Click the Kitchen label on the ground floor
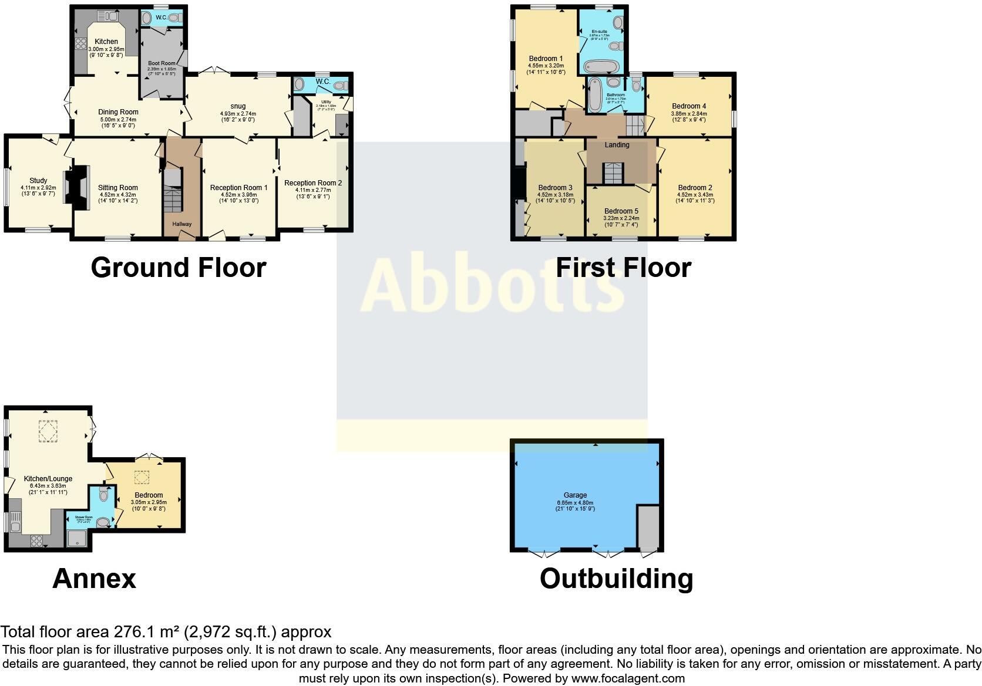click(106, 42)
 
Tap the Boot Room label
click(162, 63)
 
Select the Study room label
click(38, 181)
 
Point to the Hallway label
click(181, 224)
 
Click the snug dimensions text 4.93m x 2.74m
click(238, 114)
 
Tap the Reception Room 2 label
click(313, 183)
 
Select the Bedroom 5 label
click(621, 211)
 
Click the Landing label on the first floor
click(617, 145)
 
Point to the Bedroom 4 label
click(689, 107)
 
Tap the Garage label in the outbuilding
click(575, 495)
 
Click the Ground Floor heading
click(178, 268)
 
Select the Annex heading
click(94, 579)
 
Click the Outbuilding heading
click(616, 579)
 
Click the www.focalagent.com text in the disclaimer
click(628, 678)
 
